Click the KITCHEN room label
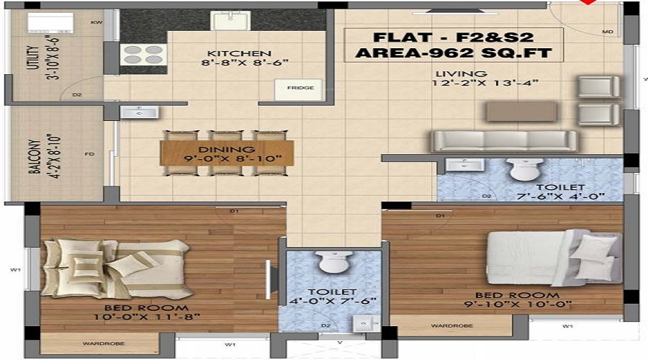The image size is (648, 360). pyautogui.click(x=239, y=53)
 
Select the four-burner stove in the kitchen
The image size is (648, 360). pyautogui.click(x=143, y=55)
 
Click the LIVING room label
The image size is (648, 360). pyautogui.click(x=462, y=73)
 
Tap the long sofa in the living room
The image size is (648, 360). pyautogui.click(x=504, y=140)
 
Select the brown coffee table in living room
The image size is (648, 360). pyautogui.click(x=521, y=111)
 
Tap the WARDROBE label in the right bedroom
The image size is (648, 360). pyautogui.click(x=451, y=326)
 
